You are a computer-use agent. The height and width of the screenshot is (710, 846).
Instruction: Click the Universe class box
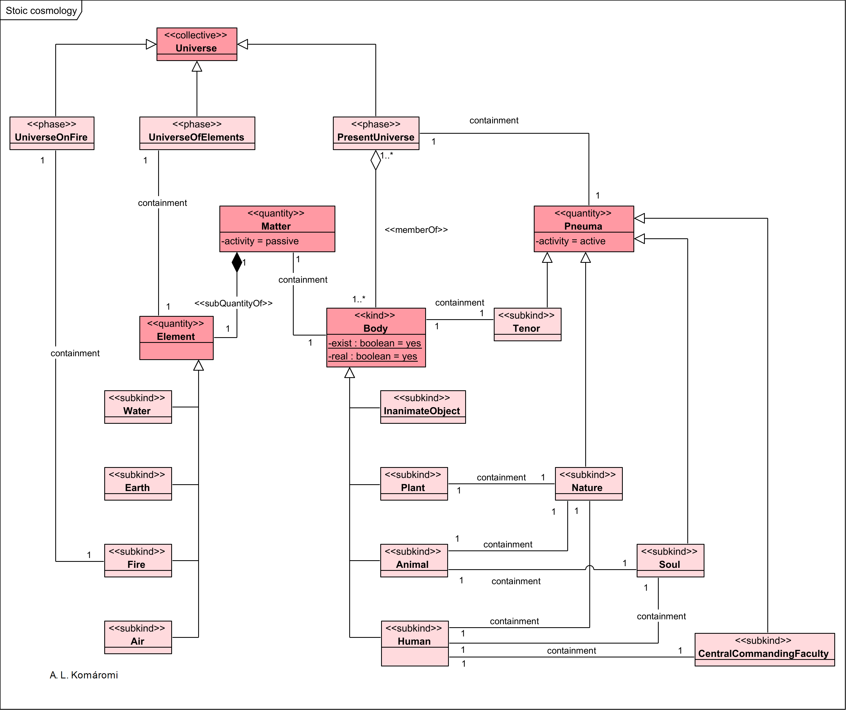pos(197,44)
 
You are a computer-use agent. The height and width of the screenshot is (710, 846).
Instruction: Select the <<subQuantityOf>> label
pos(233,303)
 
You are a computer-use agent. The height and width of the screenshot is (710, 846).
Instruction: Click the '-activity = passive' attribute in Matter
pos(260,241)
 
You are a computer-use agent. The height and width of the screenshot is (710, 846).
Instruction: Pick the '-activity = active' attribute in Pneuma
pos(571,241)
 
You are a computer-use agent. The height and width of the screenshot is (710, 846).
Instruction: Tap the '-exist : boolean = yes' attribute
pos(374,343)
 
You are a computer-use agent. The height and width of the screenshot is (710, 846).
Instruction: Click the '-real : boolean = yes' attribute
pos(372,356)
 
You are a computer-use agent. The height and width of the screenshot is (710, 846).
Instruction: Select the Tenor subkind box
pos(527,324)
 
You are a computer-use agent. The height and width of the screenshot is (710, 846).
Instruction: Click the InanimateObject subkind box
pos(423,406)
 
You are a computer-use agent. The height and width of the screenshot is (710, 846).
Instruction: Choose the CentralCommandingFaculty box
pos(764,649)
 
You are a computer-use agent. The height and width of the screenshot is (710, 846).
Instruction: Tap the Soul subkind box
pos(670,560)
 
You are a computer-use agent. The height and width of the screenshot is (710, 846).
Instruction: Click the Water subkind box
pos(138,406)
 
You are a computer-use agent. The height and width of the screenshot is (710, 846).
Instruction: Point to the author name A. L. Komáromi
pos(84,675)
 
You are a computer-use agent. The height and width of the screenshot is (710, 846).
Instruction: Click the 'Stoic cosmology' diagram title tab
pos(41,10)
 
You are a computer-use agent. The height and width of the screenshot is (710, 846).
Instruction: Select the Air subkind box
pos(138,637)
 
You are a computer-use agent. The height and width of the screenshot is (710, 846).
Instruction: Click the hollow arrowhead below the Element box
pos(198,365)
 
